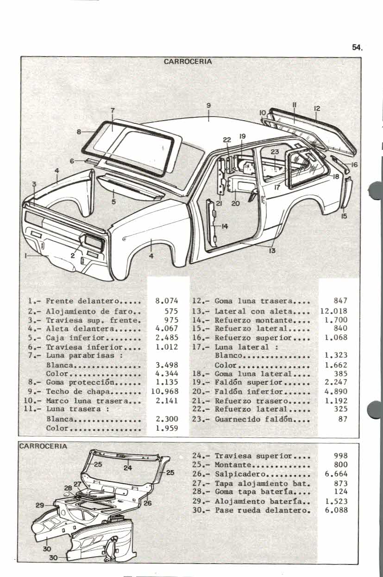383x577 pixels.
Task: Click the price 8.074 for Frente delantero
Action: pos(168,301)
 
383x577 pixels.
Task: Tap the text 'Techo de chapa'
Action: pos(72,392)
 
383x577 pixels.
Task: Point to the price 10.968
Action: pos(165,392)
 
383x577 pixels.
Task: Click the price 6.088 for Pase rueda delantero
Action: pos(336,510)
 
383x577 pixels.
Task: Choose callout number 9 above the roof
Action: pos(209,105)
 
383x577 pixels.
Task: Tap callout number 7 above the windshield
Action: pos(113,110)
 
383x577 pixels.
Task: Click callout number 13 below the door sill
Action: pos(272,251)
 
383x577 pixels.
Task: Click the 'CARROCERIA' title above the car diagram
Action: pos(188,62)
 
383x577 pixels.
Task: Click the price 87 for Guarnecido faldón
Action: pos(342,419)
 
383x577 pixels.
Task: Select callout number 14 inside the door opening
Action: pos(225,226)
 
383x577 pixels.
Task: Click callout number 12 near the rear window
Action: pos(317,108)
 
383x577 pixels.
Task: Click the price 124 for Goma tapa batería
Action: pos(340,491)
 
